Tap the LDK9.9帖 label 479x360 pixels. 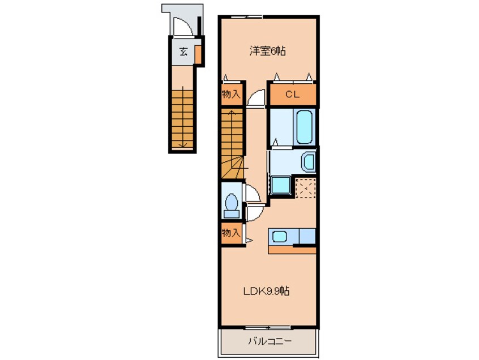click(x=268, y=292)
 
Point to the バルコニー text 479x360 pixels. click(x=269, y=341)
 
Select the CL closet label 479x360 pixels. click(x=292, y=95)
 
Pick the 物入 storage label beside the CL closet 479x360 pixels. click(x=231, y=95)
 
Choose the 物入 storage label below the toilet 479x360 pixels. click(x=231, y=232)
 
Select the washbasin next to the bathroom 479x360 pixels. click(x=308, y=162)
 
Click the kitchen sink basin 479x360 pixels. click(x=279, y=236)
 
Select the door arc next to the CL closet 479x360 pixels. click(x=256, y=97)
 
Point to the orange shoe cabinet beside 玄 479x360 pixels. click(x=198, y=54)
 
